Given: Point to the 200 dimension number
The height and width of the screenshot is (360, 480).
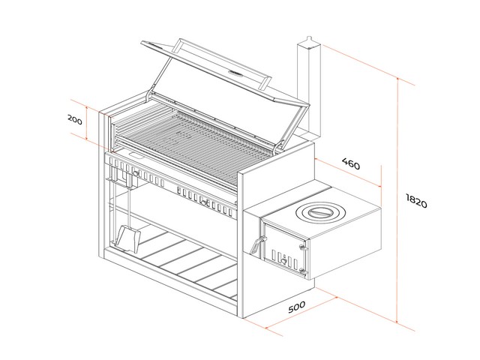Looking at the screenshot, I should point(74,120).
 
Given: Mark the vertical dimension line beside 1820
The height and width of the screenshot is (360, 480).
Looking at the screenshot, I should point(397,202).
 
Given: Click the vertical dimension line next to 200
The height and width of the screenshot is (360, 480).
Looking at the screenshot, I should point(88,124).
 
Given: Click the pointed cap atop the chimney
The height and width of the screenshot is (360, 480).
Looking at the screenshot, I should point(307,39).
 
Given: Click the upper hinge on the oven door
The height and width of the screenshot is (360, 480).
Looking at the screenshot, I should point(304,244).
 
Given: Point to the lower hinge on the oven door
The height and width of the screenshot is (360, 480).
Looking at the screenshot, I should point(303,269).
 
